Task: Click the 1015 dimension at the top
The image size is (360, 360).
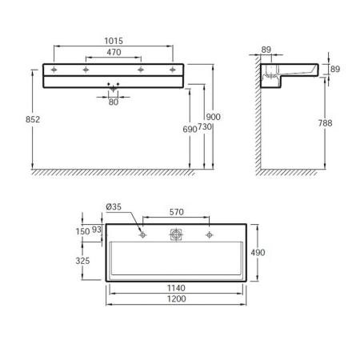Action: pyautogui.click(x=113, y=40)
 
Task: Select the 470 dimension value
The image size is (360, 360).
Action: pyautogui.click(x=113, y=53)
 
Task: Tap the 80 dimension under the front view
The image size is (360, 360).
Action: pyautogui.click(x=113, y=102)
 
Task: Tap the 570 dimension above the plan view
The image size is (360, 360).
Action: pyautogui.click(x=176, y=213)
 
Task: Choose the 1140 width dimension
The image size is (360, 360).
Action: pyautogui.click(x=176, y=288)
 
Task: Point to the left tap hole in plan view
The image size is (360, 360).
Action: pyautogui.click(x=142, y=234)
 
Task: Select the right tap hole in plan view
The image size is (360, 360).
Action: pyautogui.click(x=210, y=234)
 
